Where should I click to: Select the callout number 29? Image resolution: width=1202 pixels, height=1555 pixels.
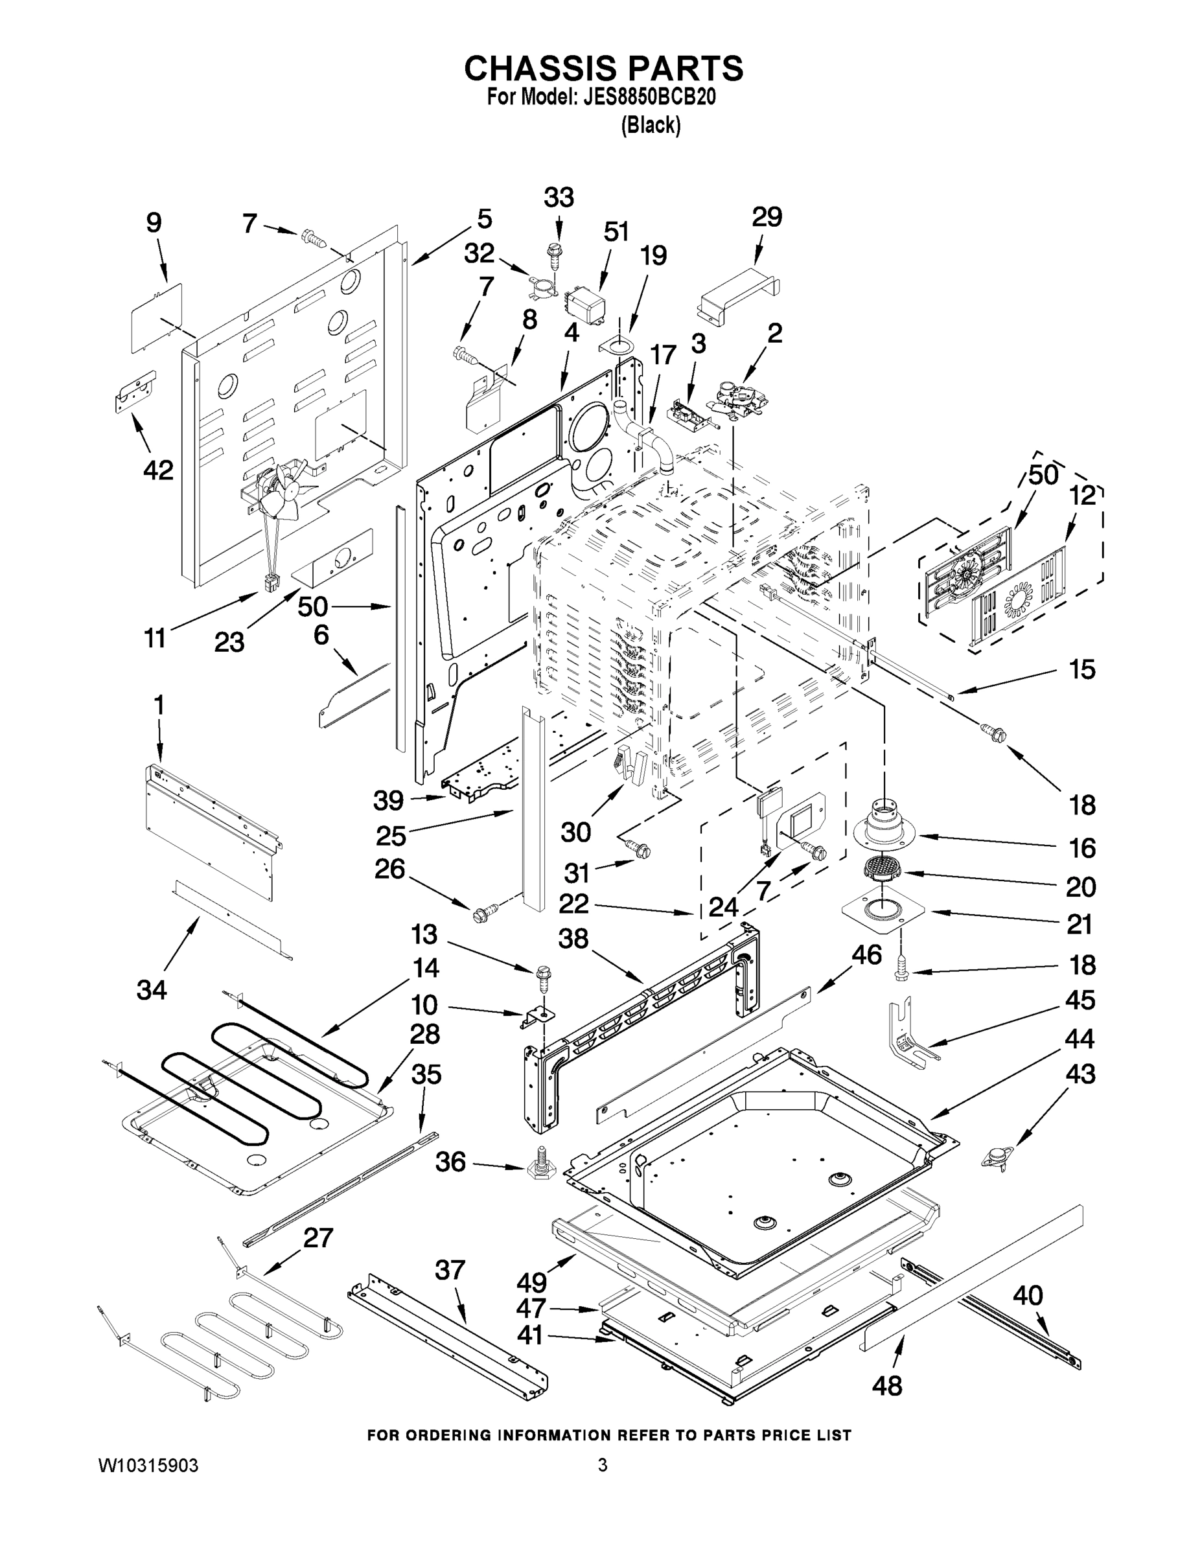[767, 216]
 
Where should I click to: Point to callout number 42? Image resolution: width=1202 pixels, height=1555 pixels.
[158, 470]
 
